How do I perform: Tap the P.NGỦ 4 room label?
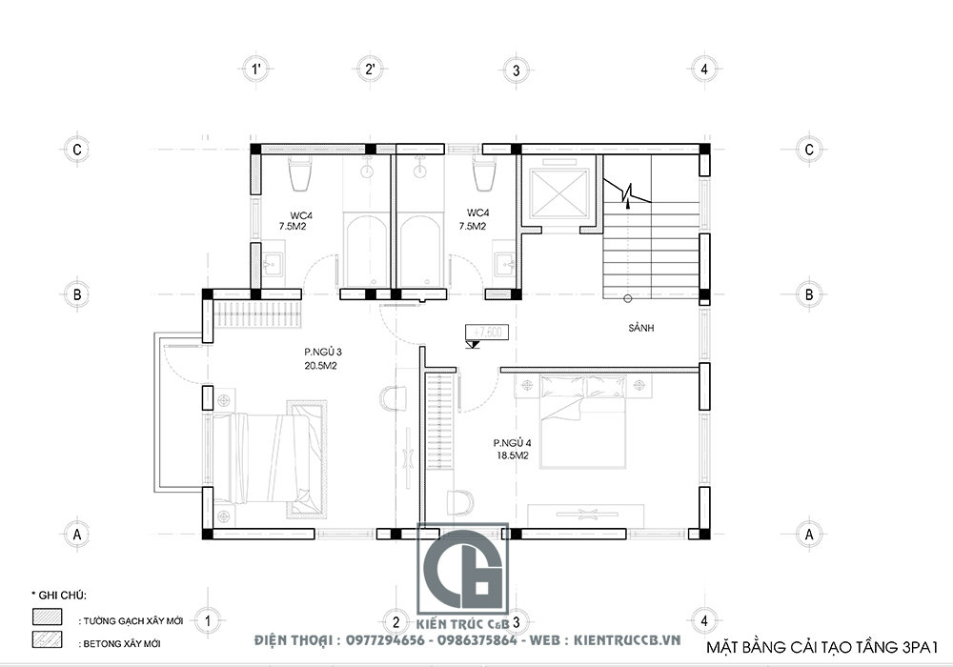(512, 449)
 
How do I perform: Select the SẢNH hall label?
(645, 328)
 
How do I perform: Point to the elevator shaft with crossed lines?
(558, 191)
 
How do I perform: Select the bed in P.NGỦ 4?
(581, 420)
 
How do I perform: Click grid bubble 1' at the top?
(255, 69)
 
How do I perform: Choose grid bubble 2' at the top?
(370, 69)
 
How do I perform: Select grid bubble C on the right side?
(808, 150)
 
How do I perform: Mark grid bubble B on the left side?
(75, 294)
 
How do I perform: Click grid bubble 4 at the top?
(703, 69)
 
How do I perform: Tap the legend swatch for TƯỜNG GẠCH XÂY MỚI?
(47, 616)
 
